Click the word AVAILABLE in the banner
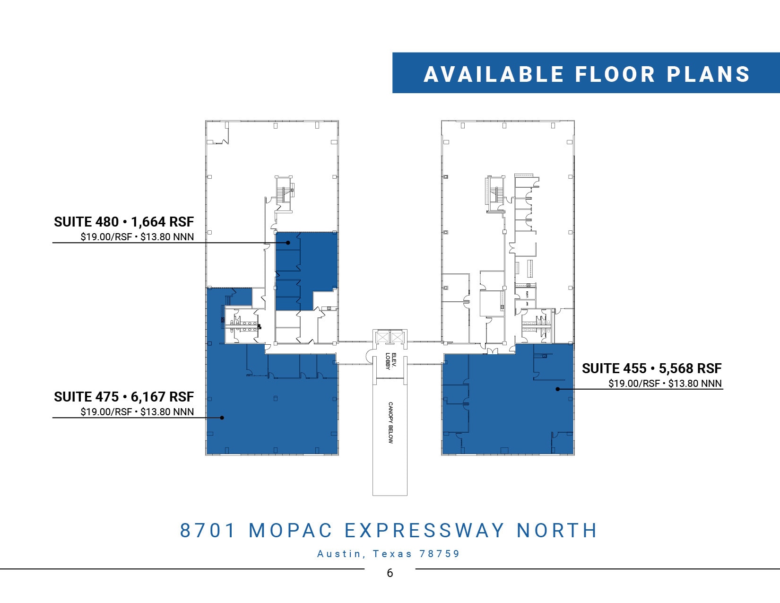click(x=494, y=74)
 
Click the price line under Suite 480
click(x=137, y=237)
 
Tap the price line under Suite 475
click(x=137, y=412)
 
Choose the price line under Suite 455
click(x=665, y=384)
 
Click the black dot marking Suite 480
click(x=288, y=243)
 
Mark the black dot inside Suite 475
click(x=222, y=418)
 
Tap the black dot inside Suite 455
click(x=558, y=389)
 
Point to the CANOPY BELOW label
click(x=390, y=422)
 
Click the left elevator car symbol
click(x=382, y=338)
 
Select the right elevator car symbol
click(x=398, y=338)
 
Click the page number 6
click(x=390, y=573)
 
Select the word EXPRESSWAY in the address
click(x=424, y=531)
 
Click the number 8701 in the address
click(x=208, y=531)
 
